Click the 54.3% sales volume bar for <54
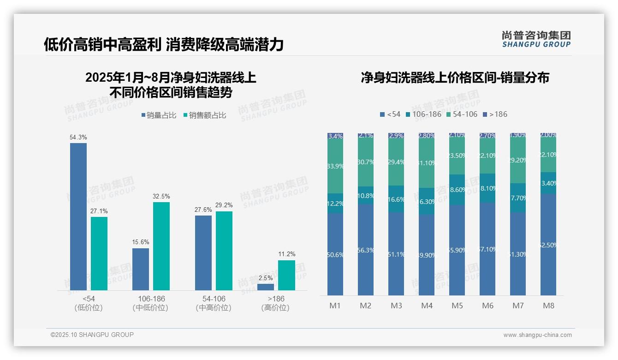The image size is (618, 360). (78, 216)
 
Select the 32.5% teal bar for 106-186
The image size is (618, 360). (161, 246)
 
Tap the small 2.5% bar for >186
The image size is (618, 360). (266, 287)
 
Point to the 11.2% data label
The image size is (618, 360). (287, 254)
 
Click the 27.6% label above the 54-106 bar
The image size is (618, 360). (203, 210)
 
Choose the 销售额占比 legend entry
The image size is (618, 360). (205, 115)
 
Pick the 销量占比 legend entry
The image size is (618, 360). (159, 115)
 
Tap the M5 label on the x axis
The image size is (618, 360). (457, 306)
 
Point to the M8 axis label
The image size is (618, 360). (548, 306)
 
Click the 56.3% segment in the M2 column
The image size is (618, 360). (366, 250)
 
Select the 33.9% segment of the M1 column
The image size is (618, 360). (335, 166)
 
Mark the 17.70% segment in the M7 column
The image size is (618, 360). (518, 198)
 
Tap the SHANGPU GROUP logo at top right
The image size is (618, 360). (536, 39)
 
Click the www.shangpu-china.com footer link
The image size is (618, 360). (537, 335)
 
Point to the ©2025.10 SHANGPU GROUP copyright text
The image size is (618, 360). (92, 335)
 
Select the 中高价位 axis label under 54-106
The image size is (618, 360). (214, 308)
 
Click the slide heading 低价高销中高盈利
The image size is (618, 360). (102, 45)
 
